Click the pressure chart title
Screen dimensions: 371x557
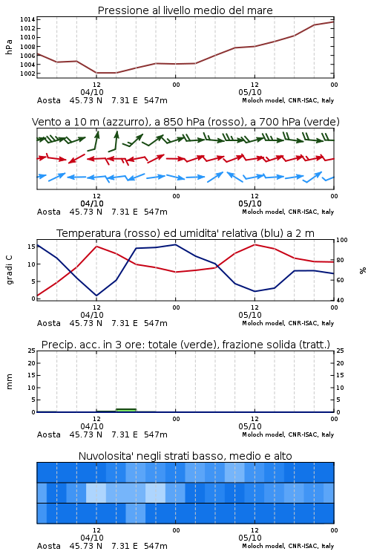pyautogui.click(x=185, y=10)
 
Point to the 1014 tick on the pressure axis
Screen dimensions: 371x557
pyautogui.click(x=27, y=19)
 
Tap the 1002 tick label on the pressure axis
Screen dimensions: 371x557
pyautogui.click(x=27, y=74)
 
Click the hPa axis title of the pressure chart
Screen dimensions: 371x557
pyautogui.click(x=9, y=47)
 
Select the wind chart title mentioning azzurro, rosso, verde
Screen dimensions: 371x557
pyautogui.click(x=185, y=122)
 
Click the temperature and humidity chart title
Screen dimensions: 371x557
pyautogui.click(x=185, y=233)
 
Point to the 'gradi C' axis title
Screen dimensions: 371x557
pyautogui.click(x=10, y=270)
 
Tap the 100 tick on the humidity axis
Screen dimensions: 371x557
pyautogui.click(x=342, y=240)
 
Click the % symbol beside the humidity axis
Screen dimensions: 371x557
pyautogui.click(x=363, y=270)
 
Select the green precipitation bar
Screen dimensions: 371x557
pyautogui.click(x=126, y=410)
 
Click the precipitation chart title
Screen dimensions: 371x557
pyautogui.click(x=185, y=345)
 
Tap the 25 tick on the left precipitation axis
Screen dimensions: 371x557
pyautogui.click(x=32, y=351)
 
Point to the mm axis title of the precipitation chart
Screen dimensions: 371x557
pyautogui.click(x=10, y=382)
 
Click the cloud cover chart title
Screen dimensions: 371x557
pyautogui.click(x=185, y=456)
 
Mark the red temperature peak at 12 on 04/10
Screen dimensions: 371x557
pyautogui.click(x=96, y=246)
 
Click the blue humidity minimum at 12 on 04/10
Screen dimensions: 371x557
pyautogui.click(x=96, y=296)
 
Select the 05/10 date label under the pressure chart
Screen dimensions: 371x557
pyautogui.click(x=250, y=92)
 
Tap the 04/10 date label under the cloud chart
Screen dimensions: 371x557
pyautogui.click(x=92, y=538)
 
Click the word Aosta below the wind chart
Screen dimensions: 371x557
pyautogui.click(x=49, y=212)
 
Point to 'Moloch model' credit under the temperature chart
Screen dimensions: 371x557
pyautogui.click(x=263, y=323)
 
